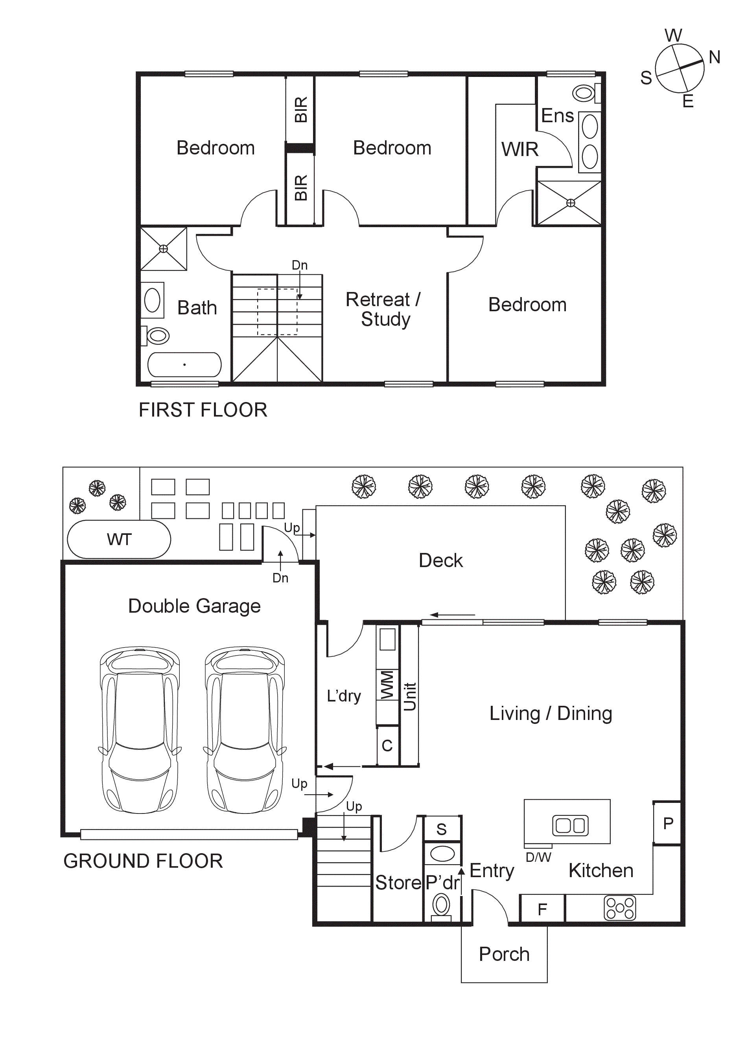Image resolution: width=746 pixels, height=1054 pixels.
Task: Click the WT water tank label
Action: [x=119, y=540]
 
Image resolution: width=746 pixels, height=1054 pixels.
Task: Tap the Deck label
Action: [x=440, y=560]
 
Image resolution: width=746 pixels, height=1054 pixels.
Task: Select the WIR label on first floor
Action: [x=519, y=150]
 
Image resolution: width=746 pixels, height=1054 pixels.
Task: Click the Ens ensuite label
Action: [x=557, y=116]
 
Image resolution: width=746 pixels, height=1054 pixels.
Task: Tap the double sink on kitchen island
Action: [x=570, y=826]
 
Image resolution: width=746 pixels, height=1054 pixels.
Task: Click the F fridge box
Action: [x=542, y=909]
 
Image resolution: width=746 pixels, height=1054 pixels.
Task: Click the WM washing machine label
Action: [x=387, y=685]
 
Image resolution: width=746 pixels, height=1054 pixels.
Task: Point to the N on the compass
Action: [x=714, y=57]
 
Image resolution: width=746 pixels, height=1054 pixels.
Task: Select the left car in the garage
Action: [x=140, y=730]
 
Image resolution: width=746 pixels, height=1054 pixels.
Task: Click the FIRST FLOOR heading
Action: [x=203, y=410]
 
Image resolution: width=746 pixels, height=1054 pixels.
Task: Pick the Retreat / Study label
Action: [x=383, y=309]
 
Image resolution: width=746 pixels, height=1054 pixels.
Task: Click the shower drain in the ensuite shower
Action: [x=570, y=203]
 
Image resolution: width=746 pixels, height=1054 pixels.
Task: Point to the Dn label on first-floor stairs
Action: [x=300, y=265]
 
